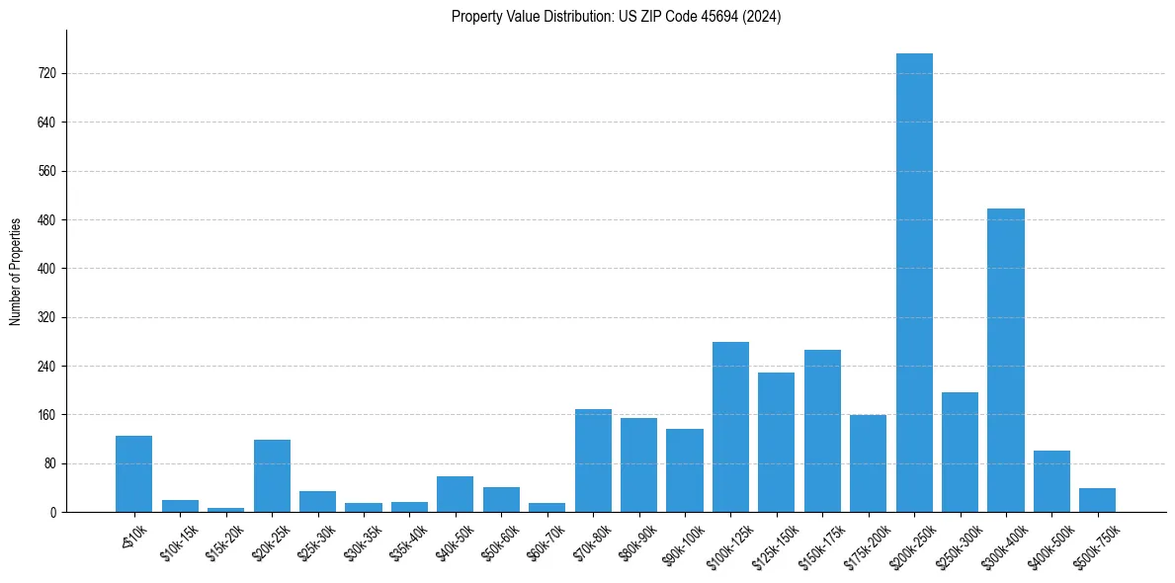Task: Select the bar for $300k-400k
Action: click(x=1006, y=361)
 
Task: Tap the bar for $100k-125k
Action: click(x=730, y=427)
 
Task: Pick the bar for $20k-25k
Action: click(x=272, y=476)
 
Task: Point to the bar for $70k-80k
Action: click(x=593, y=460)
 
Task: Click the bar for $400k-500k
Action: click(x=1051, y=481)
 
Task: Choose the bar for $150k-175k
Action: click(x=822, y=431)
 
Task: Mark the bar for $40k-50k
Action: click(x=456, y=494)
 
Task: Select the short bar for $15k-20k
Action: click(x=226, y=509)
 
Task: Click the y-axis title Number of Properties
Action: click(x=15, y=271)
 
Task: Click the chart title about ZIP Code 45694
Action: click(x=616, y=17)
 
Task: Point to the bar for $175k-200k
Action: click(x=868, y=463)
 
